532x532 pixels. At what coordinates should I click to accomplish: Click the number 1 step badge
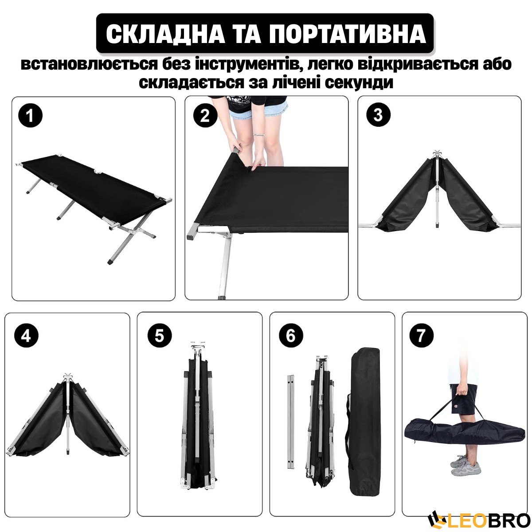tap(31, 115)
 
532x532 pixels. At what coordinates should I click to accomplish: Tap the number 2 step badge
tap(204, 115)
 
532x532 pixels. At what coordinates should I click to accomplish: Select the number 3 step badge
tap(378, 114)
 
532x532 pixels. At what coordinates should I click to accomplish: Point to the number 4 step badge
tap(26, 336)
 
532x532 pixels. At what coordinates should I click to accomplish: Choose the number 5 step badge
tap(160, 336)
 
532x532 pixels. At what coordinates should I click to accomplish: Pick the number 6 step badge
tap(291, 336)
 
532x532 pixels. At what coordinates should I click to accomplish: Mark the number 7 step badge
tap(421, 336)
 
